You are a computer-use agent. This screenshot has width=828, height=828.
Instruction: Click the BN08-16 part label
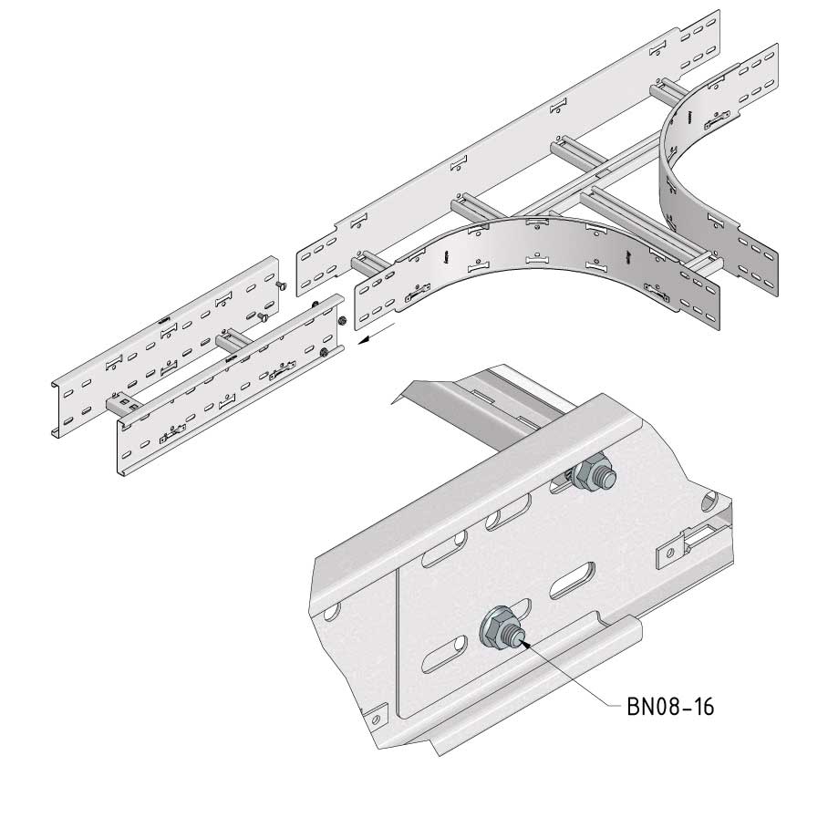point(670,707)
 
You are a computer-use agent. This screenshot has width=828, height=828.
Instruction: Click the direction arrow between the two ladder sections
point(377,334)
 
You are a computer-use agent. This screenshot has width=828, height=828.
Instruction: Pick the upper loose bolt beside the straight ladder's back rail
point(282,285)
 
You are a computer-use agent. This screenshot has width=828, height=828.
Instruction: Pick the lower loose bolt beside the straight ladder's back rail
point(263,316)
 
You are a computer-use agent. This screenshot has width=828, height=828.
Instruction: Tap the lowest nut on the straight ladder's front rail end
point(323,353)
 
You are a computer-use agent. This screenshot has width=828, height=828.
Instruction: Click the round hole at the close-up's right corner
point(709,502)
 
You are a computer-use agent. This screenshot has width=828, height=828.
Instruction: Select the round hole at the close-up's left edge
point(331,612)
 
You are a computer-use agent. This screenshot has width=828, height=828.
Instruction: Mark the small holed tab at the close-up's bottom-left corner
point(375,719)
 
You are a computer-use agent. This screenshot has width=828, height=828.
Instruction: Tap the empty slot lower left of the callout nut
point(445,654)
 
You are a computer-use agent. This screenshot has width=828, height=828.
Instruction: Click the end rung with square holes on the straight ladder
point(125,405)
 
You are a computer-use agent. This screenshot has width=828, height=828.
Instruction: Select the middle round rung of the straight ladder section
point(233,341)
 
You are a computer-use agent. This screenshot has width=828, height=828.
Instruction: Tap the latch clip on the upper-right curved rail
point(717,120)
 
